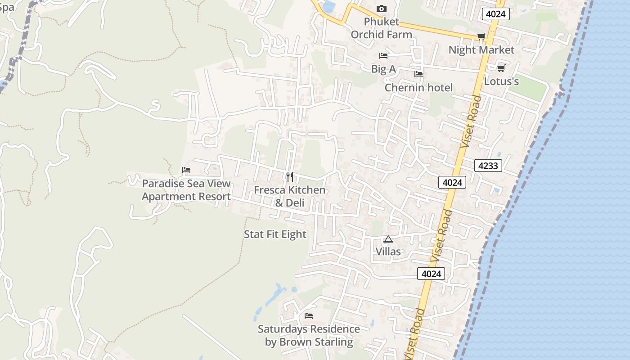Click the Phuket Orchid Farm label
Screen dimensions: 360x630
[381, 28]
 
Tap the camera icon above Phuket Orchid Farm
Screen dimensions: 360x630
[381, 9]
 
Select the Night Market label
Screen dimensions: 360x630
[481, 50]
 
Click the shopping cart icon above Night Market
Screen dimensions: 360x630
[481, 37]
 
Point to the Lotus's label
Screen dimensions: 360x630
[501, 81]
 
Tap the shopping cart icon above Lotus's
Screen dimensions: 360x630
[501, 68]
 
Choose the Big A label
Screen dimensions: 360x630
[383, 69]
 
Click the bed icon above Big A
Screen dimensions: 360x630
[383, 56]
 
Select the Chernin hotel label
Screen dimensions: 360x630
[418, 87]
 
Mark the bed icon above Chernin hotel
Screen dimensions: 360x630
[418, 74]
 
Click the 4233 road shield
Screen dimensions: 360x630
[488, 166]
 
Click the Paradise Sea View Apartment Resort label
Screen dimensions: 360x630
[186, 190]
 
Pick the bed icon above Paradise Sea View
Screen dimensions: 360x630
[186, 170]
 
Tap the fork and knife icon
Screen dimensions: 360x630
[290, 176]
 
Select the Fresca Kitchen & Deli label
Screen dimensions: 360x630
[290, 196]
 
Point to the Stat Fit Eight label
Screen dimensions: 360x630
[275, 234]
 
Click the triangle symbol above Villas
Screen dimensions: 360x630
[388, 239]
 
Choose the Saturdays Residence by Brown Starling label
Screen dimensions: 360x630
[309, 335]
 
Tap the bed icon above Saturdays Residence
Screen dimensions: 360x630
[309, 316]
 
